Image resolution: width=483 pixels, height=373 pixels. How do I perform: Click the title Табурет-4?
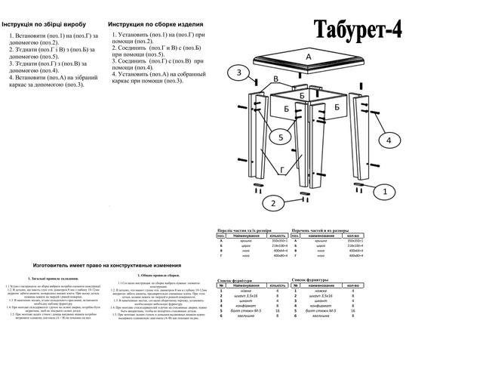click(x=358, y=27)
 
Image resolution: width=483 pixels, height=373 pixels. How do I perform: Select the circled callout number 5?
click(x=278, y=138)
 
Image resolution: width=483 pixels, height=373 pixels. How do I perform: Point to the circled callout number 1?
click(x=384, y=193)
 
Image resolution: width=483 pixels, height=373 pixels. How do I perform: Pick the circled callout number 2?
click(x=274, y=202)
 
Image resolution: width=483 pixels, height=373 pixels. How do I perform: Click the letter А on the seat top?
click(x=309, y=57)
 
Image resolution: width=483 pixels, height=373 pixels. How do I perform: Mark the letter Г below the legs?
click(x=283, y=170)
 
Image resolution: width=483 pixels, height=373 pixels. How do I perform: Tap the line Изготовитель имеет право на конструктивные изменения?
click(x=106, y=266)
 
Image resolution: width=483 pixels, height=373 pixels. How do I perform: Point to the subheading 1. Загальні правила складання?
click(x=51, y=279)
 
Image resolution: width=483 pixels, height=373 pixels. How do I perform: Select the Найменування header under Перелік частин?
click(x=241, y=236)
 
